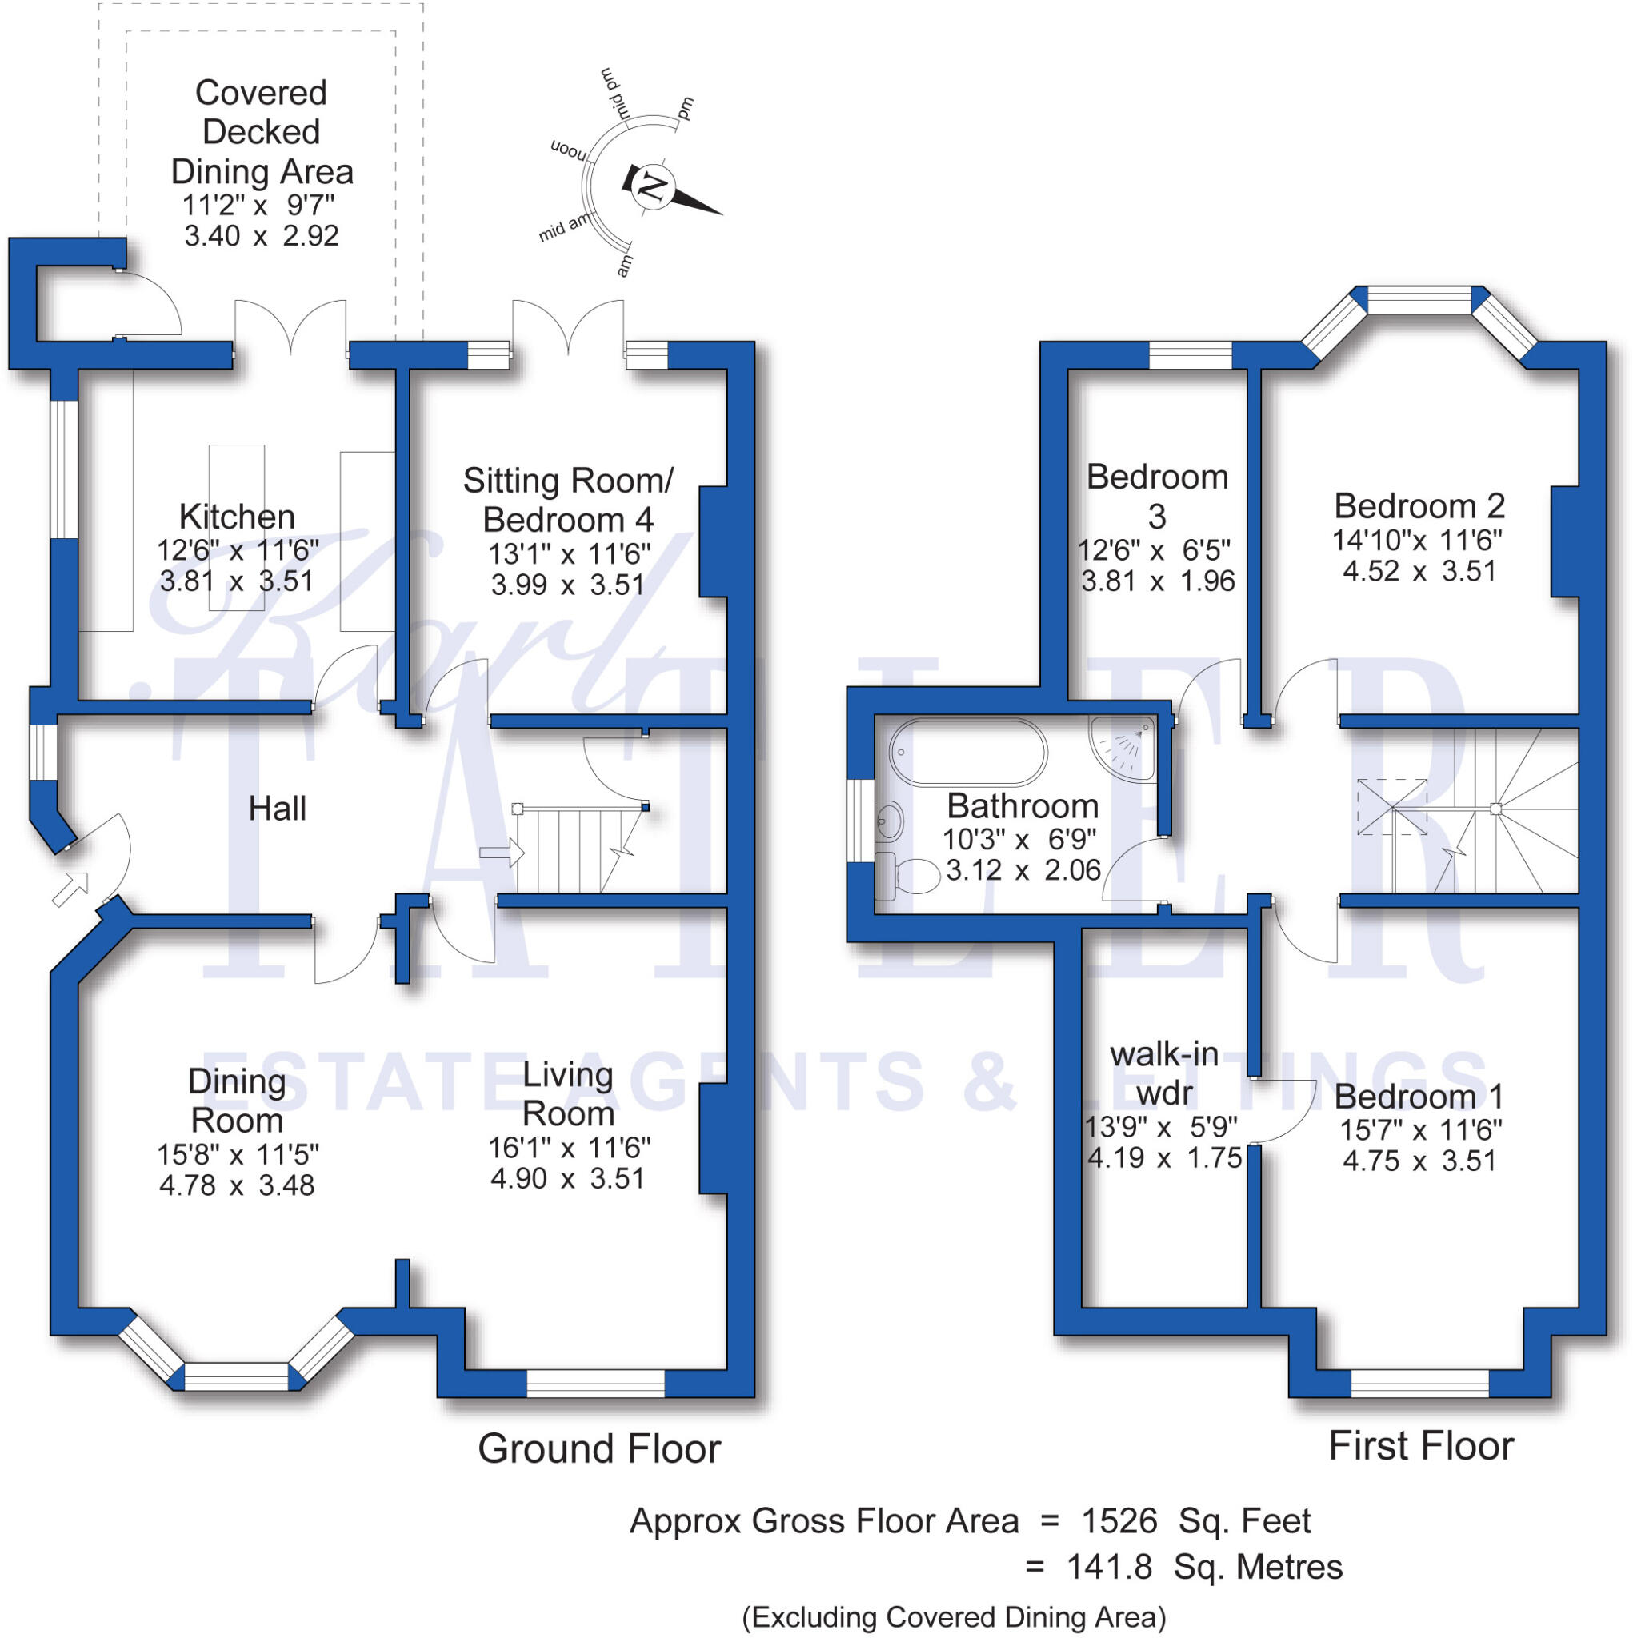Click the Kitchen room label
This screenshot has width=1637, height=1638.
pos(237,517)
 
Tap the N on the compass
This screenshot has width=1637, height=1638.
pos(652,186)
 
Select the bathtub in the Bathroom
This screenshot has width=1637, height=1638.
pos(968,753)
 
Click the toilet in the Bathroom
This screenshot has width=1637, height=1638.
pos(907,876)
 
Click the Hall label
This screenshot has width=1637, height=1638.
pos(278,809)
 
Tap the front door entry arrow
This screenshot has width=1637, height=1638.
pos(70,889)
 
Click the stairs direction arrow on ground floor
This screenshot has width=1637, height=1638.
pos(502,852)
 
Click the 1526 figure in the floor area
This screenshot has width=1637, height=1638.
pos(1119,1521)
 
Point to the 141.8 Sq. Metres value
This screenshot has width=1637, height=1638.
pos(1204,1567)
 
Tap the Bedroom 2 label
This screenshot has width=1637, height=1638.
pos(1419,506)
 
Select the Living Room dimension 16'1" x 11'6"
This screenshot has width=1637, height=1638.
pos(569,1148)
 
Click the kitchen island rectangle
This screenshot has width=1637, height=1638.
pos(237,527)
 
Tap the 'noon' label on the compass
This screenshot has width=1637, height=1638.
pos(568,150)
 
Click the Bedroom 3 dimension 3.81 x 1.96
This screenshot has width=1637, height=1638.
pos(1158,581)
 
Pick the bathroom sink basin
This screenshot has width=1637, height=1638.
pos(889,820)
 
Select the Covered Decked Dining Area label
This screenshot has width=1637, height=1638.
pos(262,132)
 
